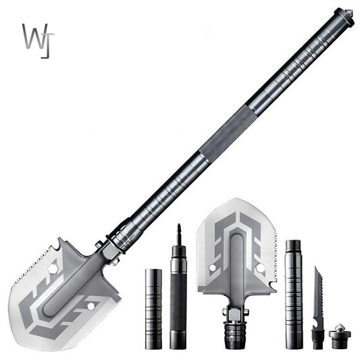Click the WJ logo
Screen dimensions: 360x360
click(x=38, y=40)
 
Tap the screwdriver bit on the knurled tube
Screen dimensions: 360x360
click(x=179, y=234)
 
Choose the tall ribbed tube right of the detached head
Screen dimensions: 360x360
click(x=294, y=294)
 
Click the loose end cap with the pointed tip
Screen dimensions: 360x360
click(x=338, y=336)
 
